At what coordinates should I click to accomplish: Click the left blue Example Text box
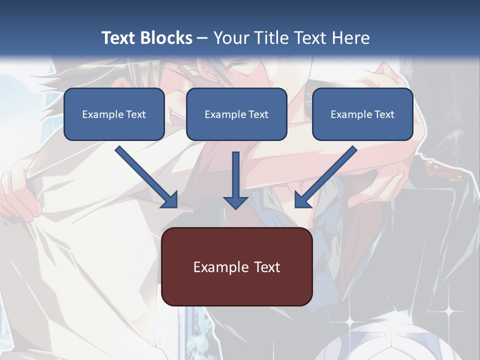(x=114, y=114)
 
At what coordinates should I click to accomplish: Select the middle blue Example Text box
(x=236, y=114)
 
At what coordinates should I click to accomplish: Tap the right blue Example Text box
(x=362, y=114)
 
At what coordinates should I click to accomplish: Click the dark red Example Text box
(x=236, y=266)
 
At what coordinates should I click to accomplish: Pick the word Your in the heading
(x=230, y=38)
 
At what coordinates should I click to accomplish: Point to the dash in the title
(x=203, y=38)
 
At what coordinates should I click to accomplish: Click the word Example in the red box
(x=218, y=267)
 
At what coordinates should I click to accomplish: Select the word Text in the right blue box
(x=384, y=114)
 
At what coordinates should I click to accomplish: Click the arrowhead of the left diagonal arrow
(x=170, y=199)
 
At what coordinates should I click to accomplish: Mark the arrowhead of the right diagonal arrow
(x=302, y=199)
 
